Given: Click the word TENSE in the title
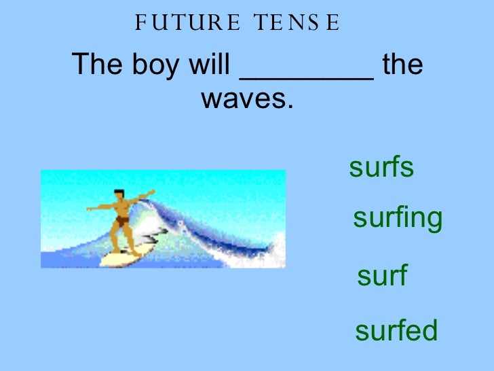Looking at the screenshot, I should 296,25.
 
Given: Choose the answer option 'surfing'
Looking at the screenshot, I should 398,219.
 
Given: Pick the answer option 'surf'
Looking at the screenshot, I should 381,277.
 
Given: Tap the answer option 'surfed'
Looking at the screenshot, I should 396,331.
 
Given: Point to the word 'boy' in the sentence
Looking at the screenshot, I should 152,66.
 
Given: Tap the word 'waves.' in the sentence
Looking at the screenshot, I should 248,100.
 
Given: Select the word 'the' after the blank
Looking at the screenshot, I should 403,66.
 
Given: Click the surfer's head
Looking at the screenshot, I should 119,196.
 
